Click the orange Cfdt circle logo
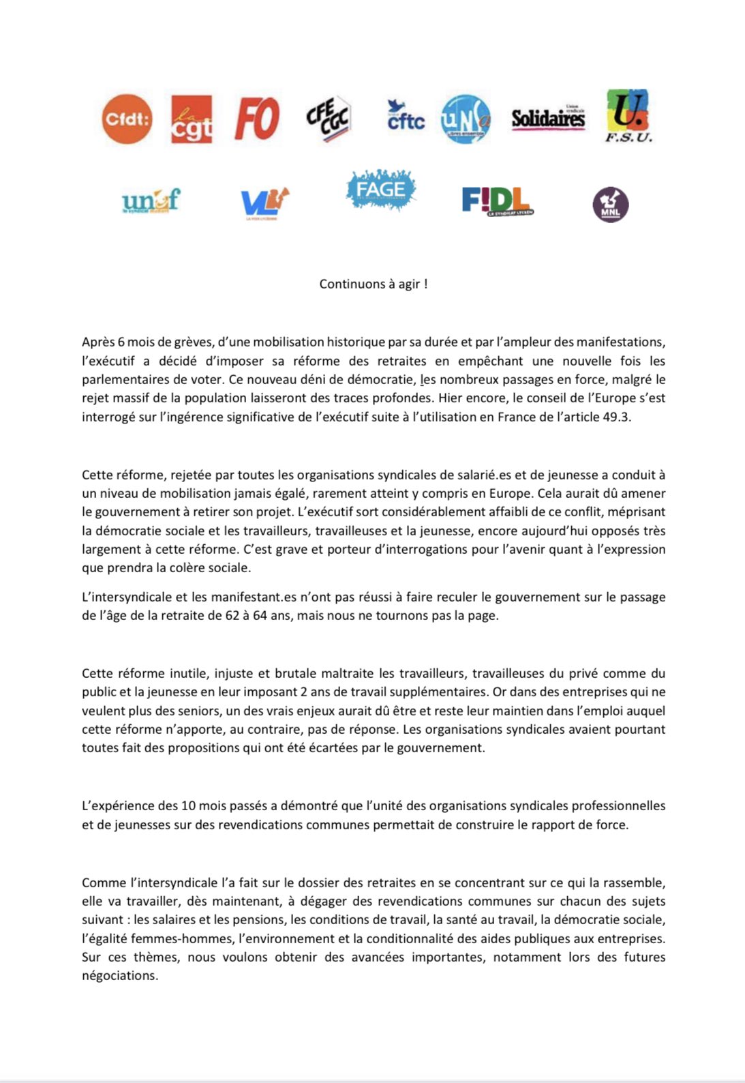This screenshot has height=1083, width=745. [127, 119]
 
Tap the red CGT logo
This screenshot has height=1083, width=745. [191, 119]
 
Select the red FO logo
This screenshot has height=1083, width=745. [257, 119]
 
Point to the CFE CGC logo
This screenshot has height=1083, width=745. [328, 119]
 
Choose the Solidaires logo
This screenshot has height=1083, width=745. [548, 119]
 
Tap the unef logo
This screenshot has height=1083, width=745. [151, 201]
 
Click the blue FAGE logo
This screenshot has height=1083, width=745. [380, 189]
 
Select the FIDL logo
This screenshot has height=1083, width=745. [497, 201]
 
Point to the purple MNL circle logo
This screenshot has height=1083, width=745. [610, 205]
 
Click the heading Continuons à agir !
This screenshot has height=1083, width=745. [374, 284]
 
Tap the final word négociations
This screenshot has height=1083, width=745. [119, 975]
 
